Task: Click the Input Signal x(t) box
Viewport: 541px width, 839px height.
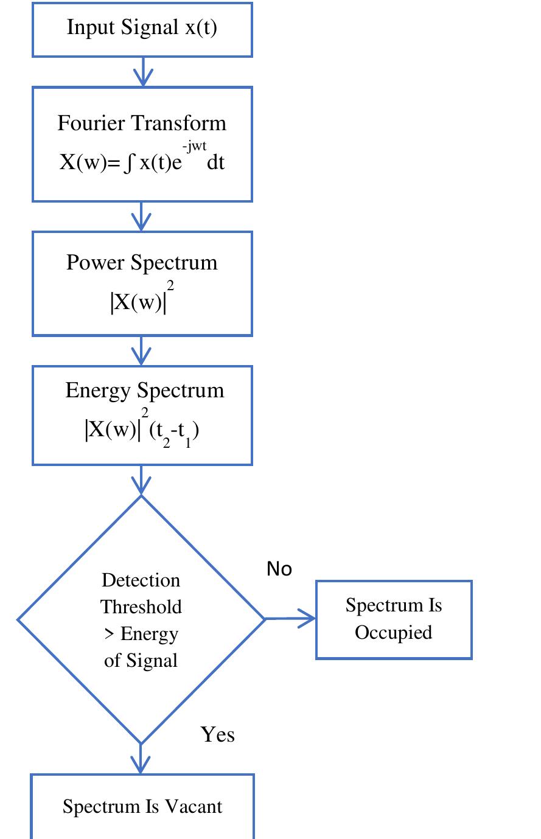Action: point(142,29)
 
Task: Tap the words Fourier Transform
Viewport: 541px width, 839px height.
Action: point(142,123)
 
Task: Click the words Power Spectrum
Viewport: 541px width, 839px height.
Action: point(142,262)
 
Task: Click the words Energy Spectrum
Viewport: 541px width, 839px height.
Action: point(145,390)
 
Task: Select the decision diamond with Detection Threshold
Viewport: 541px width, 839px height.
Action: point(141,619)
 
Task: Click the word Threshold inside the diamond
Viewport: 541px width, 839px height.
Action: point(141,607)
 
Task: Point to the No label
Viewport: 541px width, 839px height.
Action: point(279,569)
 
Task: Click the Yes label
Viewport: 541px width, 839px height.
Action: point(217,734)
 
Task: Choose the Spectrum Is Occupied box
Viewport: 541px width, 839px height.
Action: point(394,619)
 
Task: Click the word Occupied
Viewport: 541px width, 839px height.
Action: point(394,633)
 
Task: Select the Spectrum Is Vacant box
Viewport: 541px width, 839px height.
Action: point(142,807)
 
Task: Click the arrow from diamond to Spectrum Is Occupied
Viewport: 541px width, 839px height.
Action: point(290,619)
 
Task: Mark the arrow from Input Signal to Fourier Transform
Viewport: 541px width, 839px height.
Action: point(142,72)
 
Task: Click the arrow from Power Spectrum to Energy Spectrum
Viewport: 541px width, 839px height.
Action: point(141,350)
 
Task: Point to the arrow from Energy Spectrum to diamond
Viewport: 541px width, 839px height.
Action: point(141,480)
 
